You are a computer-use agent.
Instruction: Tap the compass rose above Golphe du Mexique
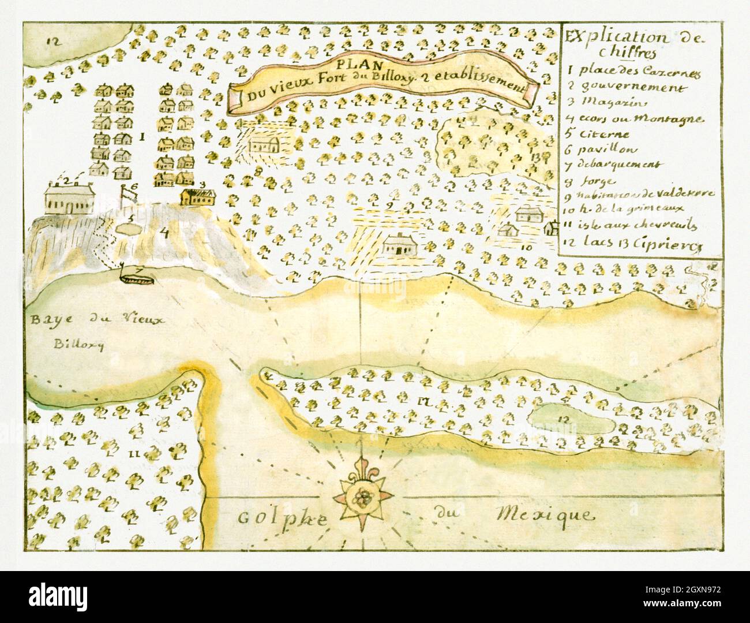(362, 495)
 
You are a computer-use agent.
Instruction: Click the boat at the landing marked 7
(137, 276)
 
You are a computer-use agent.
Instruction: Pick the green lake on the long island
(571, 421)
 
